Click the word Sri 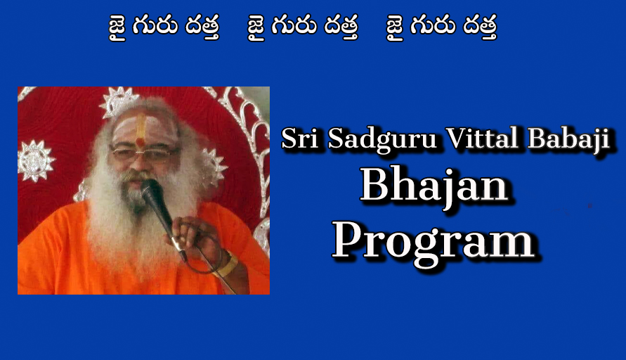coord(300,139)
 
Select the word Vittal coord(482,138)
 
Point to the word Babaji coord(569,140)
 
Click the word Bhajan coord(434,187)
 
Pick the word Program coord(433,242)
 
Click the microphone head coord(152,191)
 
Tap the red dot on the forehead coord(140,142)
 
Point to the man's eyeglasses coord(145,153)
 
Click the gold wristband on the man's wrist coord(227,264)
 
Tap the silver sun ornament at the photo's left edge coord(36,161)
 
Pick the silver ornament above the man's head coord(119,101)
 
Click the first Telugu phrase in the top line coord(164,27)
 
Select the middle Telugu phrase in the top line coord(303,27)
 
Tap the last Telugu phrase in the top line coord(441,27)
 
